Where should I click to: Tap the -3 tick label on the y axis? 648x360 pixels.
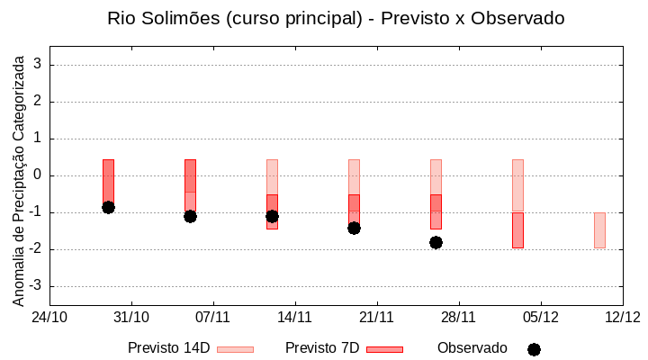(35, 286)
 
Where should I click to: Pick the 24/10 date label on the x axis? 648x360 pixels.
(49, 317)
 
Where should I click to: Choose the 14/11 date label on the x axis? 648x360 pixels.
(294, 317)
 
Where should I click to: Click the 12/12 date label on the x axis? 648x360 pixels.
(622, 317)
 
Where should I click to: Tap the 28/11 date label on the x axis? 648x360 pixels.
(458, 317)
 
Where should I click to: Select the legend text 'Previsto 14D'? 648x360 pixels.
(169, 348)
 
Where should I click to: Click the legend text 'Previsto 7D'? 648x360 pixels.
(322, 348)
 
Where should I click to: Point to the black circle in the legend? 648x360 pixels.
(534, 349)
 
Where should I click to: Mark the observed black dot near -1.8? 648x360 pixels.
(436, 242)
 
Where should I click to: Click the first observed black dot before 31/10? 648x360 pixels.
(108, 207)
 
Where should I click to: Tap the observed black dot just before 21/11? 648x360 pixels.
(354, 228)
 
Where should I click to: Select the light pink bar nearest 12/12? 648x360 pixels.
(599, 230)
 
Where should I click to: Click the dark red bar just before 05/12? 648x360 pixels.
(517, 230)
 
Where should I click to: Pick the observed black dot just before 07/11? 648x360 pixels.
(190, 216)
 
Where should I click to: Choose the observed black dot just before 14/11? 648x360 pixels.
(272, 216)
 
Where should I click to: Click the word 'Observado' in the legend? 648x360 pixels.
(472, 348)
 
